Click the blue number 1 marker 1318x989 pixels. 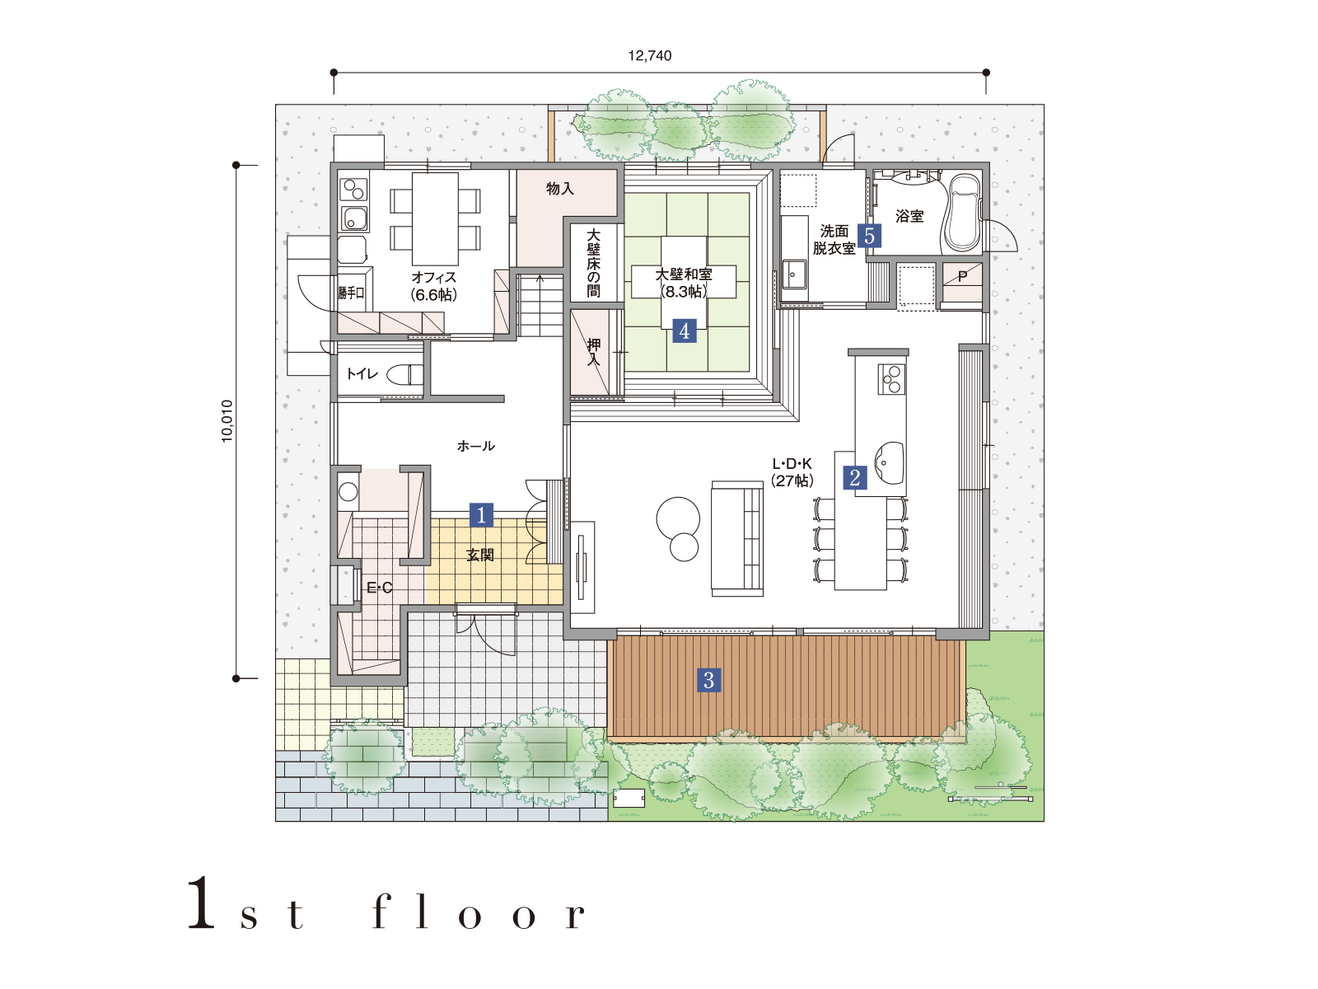click(x=481, y=514)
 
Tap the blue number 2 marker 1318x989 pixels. click(x=855, y=478)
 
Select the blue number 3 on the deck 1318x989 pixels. click(x=708, y=681)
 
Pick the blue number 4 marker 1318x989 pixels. click(x=685, y=330)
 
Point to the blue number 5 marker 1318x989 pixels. click(x=869, y=236)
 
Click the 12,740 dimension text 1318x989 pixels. click(x=650, y=56)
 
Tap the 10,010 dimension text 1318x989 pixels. click(x=227, y=421)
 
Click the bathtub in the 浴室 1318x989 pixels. click(x=963, y=213)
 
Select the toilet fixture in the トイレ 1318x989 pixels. click(x=404, y=375)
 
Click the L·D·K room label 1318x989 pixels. click(x=792, y=463)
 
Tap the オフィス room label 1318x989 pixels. click(x=433, y=278)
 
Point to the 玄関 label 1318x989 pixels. click(x=480, y=555)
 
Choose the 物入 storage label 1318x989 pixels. click(x=559, y=189)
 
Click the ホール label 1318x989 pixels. click(x=475, y=446)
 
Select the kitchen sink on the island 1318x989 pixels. click(x=888, y=463)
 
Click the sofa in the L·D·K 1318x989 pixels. click(x=737, y=539)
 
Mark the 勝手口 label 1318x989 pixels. click(x=351, y=293)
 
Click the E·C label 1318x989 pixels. click(x=380, y=588)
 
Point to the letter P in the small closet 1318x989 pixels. click(x=962, y=276)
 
